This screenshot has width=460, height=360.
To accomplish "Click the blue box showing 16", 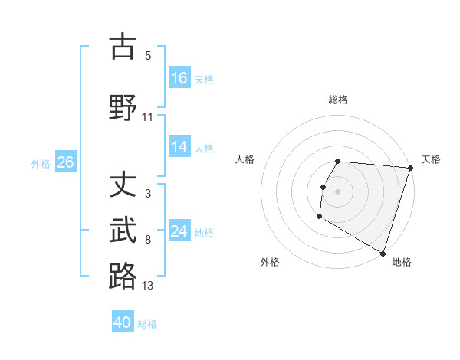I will pyautogui.click(x=179, y=78).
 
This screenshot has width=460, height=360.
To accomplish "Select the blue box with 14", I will pyautogui.click(x=179, y=148).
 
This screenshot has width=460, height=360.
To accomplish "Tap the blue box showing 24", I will pyautogui.click(x=179, y=231).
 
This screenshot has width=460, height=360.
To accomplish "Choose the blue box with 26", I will pyautogui.click(x=66, y=162).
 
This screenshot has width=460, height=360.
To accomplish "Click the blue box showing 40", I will pyautogui.click(x=123, y=322).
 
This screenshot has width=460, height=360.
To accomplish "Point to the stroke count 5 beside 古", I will pyautogui.click(x=148, y=55).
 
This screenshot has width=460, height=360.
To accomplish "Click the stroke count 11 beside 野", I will pyautogui.click(x=148, y=116).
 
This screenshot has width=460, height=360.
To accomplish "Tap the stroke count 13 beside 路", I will pyautogui.click(x=148, y=286).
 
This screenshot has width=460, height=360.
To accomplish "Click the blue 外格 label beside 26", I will pyautogui.click(x=41, y=163).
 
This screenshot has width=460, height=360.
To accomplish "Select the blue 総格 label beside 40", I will pyautogui.click(x=147, y=323).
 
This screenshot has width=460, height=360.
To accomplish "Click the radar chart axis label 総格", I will pyautogui.click(x=338, y=100).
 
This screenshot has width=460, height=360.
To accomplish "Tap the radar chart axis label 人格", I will pyautogui.click(x=245, y=159).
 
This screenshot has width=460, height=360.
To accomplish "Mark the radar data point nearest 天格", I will pyautogui.click(x=411, y=168).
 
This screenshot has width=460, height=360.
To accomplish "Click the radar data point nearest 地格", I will pyautogui.click(x=383, y=253).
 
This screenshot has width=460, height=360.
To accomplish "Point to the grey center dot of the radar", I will pyautogui.click(x=338, y=191).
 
